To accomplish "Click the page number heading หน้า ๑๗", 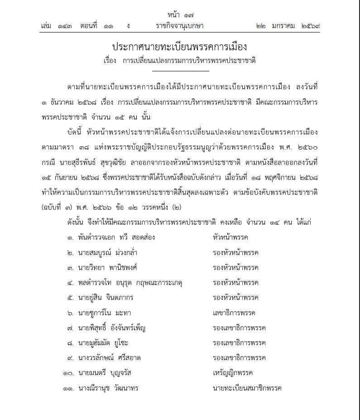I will click(x=180, y=15).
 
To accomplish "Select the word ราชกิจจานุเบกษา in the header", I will click(x=179, y=26).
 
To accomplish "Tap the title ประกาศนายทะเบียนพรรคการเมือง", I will click(x=180, y=47).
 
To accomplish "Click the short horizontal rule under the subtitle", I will click(x=180, y=71).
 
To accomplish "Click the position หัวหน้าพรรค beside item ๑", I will click(x=230, y=237).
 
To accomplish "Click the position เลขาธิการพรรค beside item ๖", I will click(x=234, y=313).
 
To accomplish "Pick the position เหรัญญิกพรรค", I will click(x=232, y=373).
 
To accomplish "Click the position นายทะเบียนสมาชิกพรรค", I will click(x=247, y=388).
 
